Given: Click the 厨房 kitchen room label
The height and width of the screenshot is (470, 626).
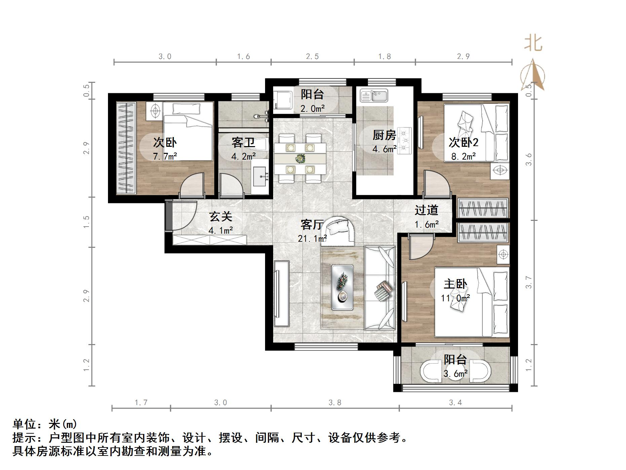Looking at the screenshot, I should click(384, 135).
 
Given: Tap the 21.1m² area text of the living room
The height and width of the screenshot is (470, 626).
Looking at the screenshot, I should click(312, 239).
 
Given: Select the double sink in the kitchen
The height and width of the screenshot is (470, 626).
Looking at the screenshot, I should click(374, 95).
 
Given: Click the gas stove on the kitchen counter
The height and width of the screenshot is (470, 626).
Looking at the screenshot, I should click(405, 141).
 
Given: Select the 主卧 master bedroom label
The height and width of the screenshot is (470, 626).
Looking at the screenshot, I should click(455, 284).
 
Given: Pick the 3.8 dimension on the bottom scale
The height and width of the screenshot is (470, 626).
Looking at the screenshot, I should click(335, 402).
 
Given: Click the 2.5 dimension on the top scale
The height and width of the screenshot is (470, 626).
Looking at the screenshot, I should click(312, 57).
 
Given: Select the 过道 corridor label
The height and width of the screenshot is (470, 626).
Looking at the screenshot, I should click(426, 210).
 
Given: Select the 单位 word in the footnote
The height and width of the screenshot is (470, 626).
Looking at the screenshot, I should click(25, 424).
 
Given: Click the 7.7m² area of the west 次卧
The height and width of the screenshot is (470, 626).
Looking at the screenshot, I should click(165, 156).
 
